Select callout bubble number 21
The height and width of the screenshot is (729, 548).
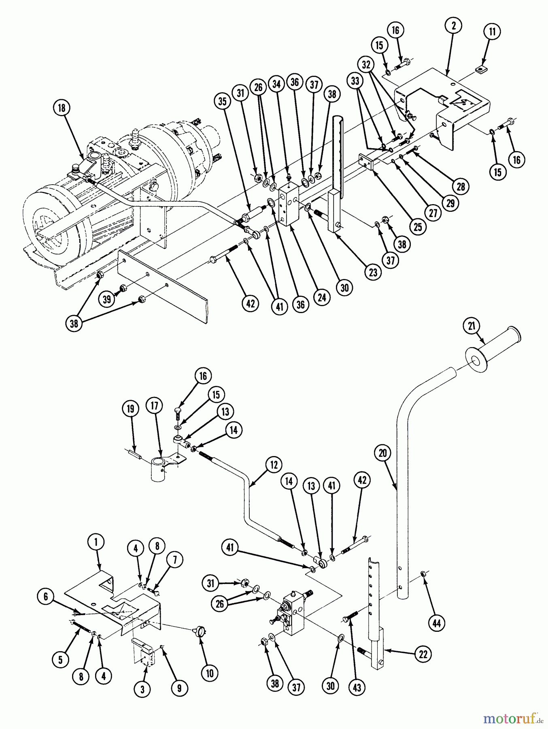coord(472,326)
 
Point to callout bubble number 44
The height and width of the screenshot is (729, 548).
coord(436,623)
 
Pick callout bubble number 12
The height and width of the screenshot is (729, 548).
coord(274,465)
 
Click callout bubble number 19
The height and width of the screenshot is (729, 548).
coord(130,409)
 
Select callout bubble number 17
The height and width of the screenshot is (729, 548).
coord(156,405)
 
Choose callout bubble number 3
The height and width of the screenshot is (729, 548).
coord(142,689)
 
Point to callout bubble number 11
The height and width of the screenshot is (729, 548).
coord(492,32)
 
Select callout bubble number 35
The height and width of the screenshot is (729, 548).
coord(223,101)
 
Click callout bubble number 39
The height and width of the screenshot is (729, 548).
coord(107,300)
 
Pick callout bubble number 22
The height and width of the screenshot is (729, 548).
coord(423,654)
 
